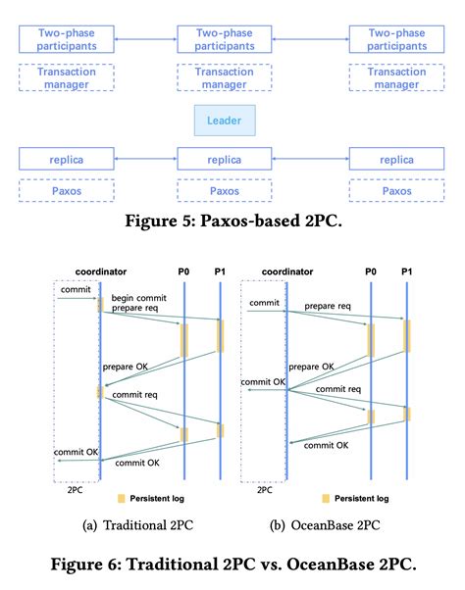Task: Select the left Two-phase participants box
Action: click(66, 40)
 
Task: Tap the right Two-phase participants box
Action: click(396, 40)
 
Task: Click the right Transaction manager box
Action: click(396, 78)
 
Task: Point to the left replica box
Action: click(66, 158)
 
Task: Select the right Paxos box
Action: click(396, 191)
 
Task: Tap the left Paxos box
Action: click(66, 191)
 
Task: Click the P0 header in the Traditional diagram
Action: click(184, 271)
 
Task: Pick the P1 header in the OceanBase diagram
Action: click(407, 271)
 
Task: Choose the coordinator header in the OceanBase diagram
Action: click(287, 271)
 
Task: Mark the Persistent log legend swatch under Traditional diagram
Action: click(121, 497)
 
